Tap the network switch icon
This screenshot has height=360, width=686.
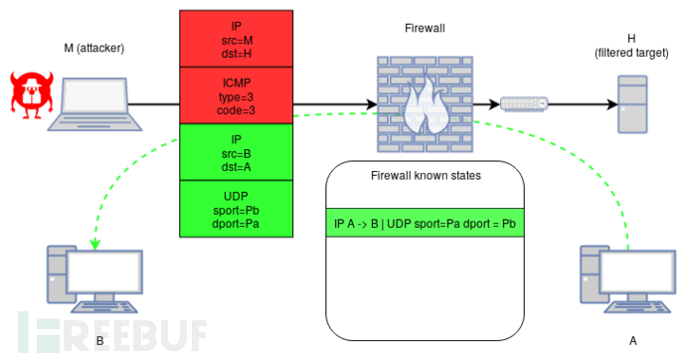click(x=523, y=103)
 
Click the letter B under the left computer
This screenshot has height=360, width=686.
click(x=99, y=341)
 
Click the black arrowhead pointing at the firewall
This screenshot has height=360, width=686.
click(x=372, y=103)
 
